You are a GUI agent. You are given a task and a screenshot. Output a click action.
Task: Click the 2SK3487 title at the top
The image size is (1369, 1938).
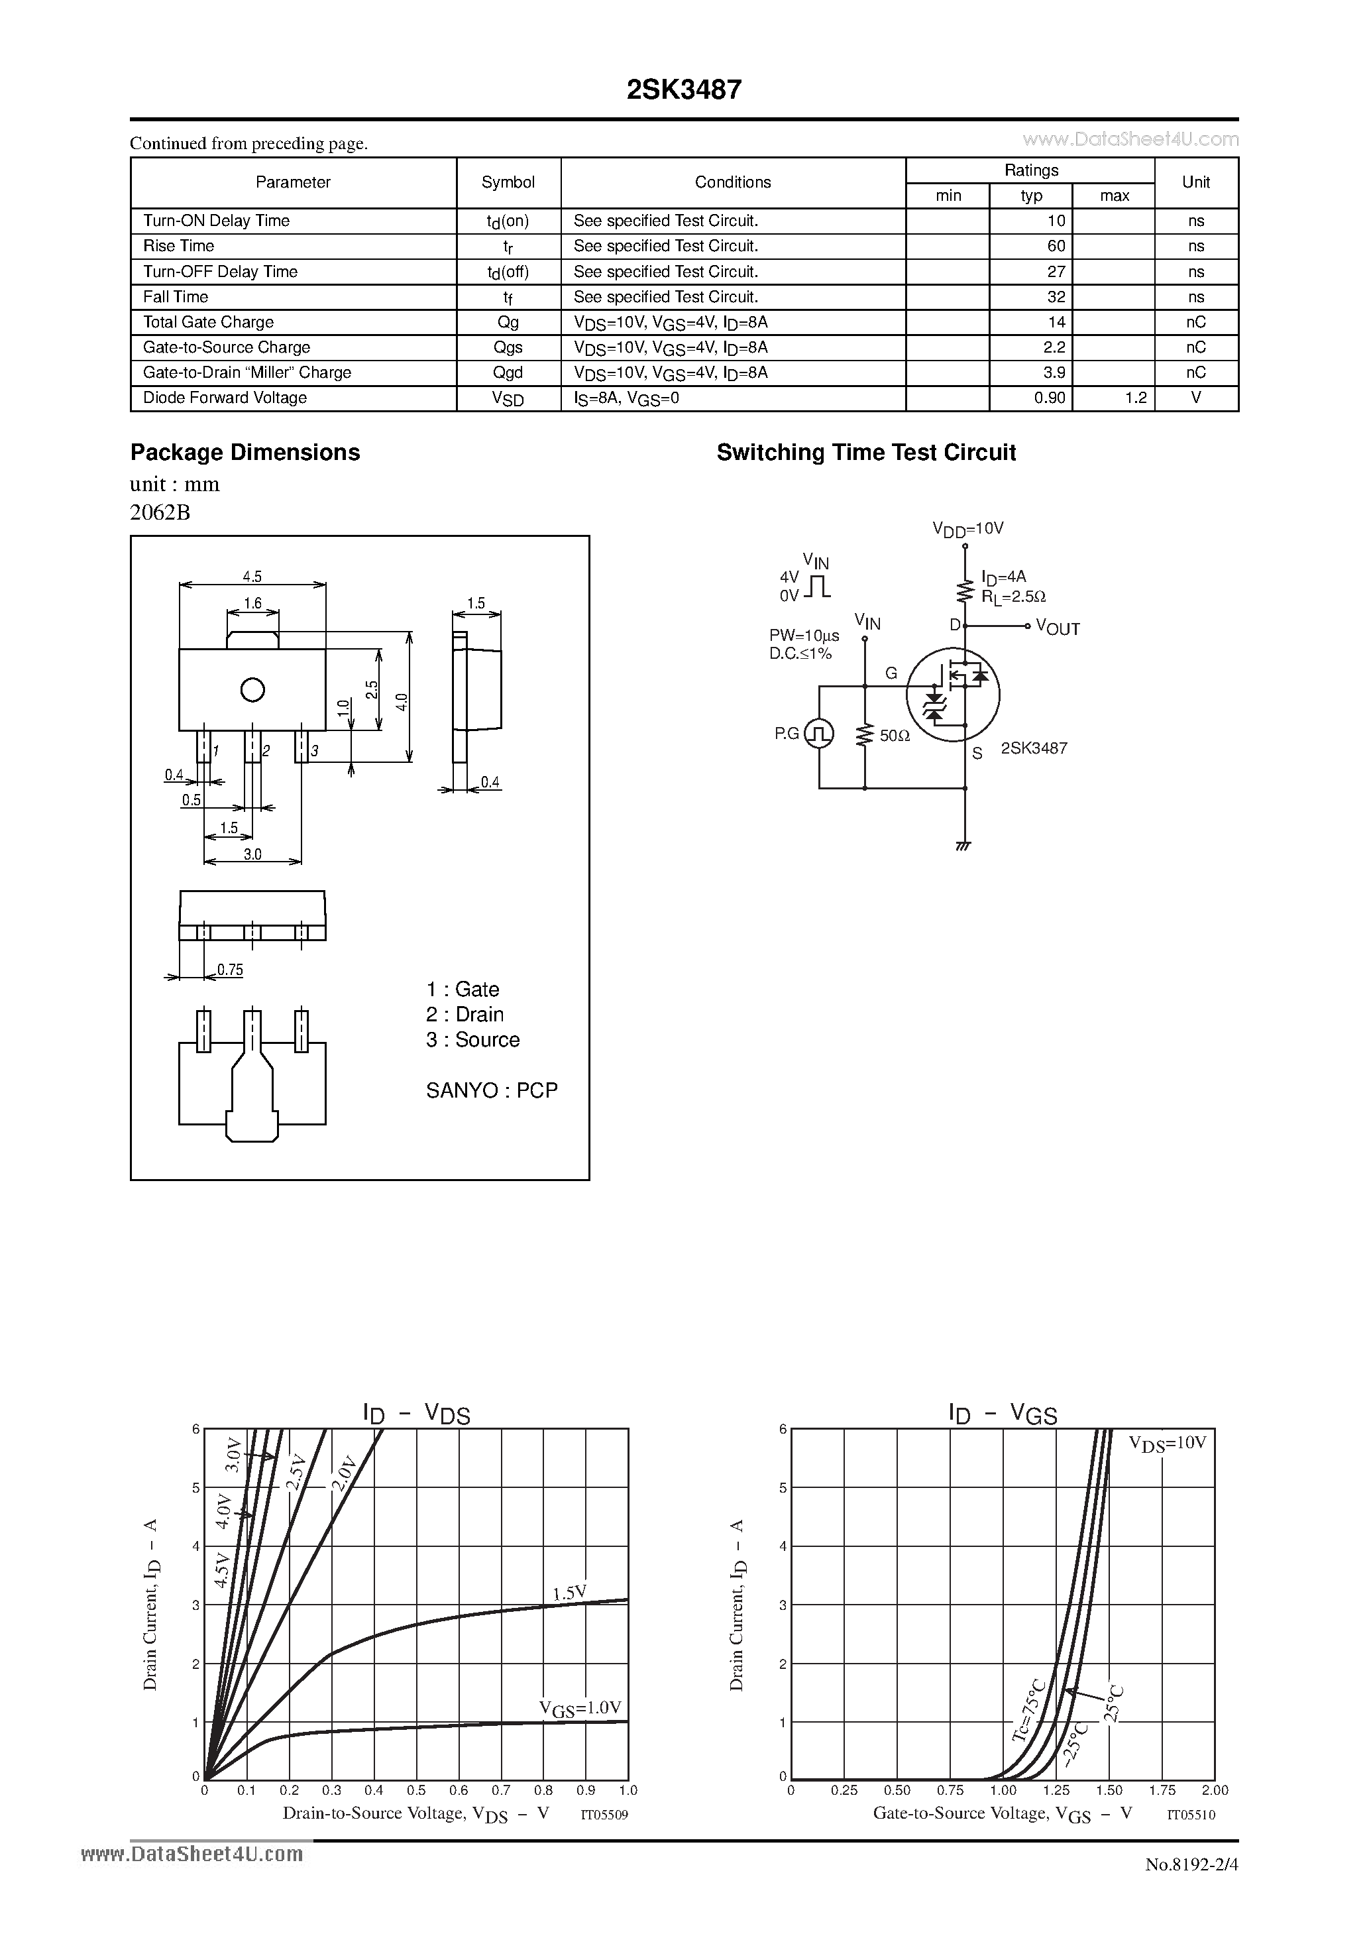[684, 90]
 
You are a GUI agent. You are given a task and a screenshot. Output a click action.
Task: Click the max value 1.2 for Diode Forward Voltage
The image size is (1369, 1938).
[1135, 398]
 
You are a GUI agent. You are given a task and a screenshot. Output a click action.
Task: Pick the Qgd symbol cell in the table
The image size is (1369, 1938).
[508, 372]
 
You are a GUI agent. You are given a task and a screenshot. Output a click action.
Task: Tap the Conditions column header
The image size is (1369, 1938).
[733, 182]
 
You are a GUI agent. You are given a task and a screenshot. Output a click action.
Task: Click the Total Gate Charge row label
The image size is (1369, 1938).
[209, 321]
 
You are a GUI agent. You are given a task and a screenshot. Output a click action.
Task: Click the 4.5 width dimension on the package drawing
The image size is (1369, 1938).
[252, 577]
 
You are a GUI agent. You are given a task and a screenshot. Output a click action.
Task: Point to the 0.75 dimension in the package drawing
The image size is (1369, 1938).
[229, 970]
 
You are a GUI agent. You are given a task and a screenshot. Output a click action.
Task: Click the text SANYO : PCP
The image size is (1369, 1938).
[491, 1090]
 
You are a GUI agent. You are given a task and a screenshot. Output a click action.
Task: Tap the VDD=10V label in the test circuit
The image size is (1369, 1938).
[967, 529]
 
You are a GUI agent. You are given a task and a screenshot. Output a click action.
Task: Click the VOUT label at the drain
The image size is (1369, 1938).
[1058, 628]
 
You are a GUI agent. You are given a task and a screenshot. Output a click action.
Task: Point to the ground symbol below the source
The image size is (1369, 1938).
[964, 844]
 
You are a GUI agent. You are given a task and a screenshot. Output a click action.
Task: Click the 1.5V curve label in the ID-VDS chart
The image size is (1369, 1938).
[569, 1593]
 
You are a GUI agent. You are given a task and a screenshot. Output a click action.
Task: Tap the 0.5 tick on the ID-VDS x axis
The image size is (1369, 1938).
[416, 1790]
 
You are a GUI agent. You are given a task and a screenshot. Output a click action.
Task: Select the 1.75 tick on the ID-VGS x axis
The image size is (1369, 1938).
[1162, 1790]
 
